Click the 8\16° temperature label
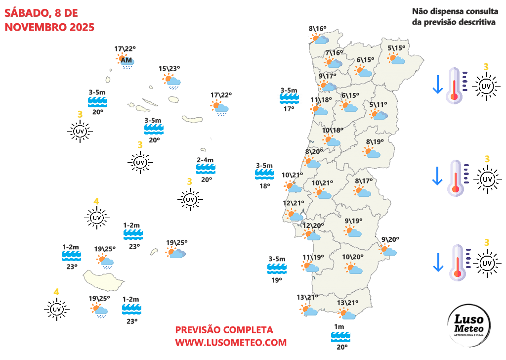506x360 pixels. point(318,29)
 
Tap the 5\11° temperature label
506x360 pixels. point(379,104)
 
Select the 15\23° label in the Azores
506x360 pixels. point(169,69)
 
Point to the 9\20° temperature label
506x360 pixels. point(390,240)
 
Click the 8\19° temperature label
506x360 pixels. point(375,142)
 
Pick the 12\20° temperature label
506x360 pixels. point(313,226)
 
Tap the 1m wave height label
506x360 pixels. point(339,327)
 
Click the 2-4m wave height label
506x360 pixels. point(205,160)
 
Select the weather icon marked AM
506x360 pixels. point(126,61)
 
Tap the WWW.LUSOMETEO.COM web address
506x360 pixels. point(231,342)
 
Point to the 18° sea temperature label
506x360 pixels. point(265,186)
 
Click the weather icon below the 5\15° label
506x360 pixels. point(397,59)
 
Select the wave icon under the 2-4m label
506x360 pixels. point(206,169)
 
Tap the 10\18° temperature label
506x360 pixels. point(333,131)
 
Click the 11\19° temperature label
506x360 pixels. point(313,257)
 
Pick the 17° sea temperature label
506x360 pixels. point(289,108)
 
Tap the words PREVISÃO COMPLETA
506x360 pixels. point(224,330)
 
